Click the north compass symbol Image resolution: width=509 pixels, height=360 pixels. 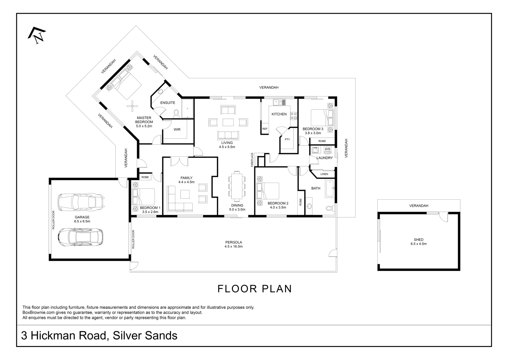[x=37, y=35]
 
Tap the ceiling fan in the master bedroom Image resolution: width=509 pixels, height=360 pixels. [x=132, y=106]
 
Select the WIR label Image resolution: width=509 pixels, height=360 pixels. [x=177, y=130]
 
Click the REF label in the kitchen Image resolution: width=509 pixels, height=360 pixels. [x=265, y=129]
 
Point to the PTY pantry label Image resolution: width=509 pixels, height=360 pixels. [x=287, y=140]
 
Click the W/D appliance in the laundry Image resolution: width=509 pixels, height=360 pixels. [x=327, y=149]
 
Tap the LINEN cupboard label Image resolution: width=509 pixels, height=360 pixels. [x=324, y=174]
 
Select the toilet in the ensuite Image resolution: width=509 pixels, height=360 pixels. [x=176, y=114]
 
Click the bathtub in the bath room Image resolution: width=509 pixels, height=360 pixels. [x=330, y=188]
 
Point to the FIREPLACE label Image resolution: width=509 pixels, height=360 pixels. [x=252, y=160]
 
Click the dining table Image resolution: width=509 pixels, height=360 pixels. [x=237, y=186]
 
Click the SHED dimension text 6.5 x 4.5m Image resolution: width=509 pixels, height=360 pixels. [x=418, y=244]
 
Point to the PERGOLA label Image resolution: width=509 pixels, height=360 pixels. [x=233, y=242]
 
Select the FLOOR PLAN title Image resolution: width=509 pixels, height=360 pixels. [x=255, y=289]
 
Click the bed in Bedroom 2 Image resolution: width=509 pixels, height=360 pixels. [x=268, y=191]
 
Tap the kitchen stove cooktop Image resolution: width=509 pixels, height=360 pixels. [x=294, y=116]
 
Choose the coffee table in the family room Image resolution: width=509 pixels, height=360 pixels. [x=185, y=194]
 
